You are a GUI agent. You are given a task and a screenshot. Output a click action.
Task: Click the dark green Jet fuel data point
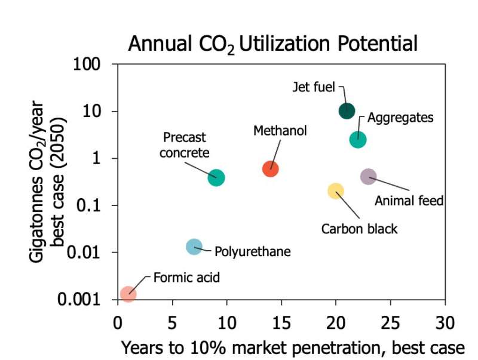click(347, 110)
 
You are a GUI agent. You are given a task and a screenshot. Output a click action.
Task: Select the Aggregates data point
click(358, 139)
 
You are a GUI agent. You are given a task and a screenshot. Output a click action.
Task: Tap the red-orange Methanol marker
click(271, 169)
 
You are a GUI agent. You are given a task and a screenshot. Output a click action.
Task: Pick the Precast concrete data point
click(216, 177)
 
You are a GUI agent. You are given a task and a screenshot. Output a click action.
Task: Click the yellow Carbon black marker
click(336, 191)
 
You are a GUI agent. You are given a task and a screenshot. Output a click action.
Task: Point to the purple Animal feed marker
click(369, 176)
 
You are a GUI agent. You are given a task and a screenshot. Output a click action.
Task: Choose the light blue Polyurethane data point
click(194, 247)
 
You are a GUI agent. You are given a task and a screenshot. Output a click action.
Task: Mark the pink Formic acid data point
click(128, 294)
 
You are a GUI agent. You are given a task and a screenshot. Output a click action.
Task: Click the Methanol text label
click(280, 130)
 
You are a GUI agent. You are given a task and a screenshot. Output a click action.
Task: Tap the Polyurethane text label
click(252, 251)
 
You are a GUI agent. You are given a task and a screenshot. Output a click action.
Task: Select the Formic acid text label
click(186, 278)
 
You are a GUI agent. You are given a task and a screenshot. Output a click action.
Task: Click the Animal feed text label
click(409, 201)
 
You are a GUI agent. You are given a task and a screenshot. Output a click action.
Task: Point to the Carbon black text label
click(359, 229)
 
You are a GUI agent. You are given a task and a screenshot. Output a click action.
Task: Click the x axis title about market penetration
click(293, 347)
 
